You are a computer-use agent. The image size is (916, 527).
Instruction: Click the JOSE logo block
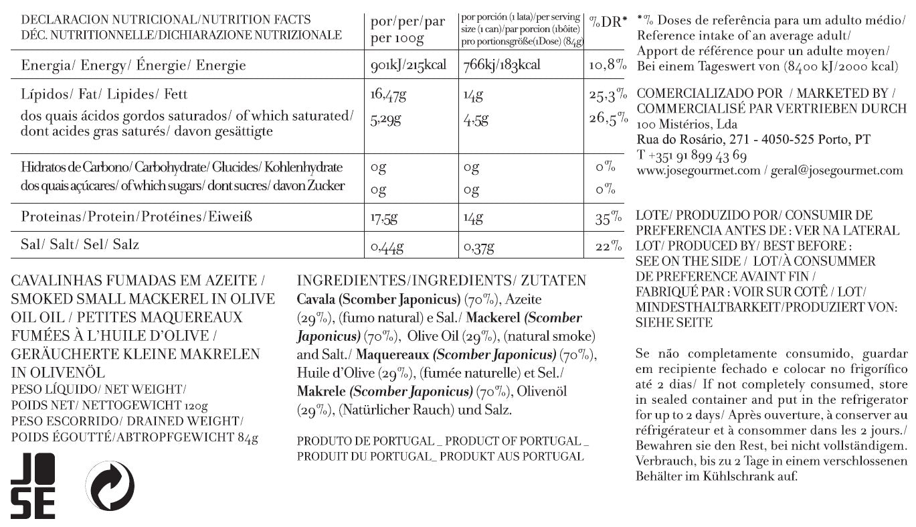(x=33, y=485)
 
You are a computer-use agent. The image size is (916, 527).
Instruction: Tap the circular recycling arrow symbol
(x=110, y=485)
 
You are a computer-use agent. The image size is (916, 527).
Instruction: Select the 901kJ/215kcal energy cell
(x=408, y=66)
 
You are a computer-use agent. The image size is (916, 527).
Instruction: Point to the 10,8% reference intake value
(x=608, y=66)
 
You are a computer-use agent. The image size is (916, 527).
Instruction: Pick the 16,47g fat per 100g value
(x=388, y=96)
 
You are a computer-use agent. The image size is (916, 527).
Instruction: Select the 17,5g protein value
(x=384, y=218)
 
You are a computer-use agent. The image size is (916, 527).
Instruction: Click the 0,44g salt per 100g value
(x=387, y=247)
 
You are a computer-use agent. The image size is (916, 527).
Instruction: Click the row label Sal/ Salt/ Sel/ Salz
(x=80, y=244)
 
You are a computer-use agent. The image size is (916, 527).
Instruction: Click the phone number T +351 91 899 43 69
(x=692, y=155)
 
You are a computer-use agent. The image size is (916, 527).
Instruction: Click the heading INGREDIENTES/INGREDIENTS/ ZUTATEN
(x=441, y=281)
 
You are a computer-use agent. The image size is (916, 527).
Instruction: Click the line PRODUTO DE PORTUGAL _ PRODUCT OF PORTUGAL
(x=442, y=441)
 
